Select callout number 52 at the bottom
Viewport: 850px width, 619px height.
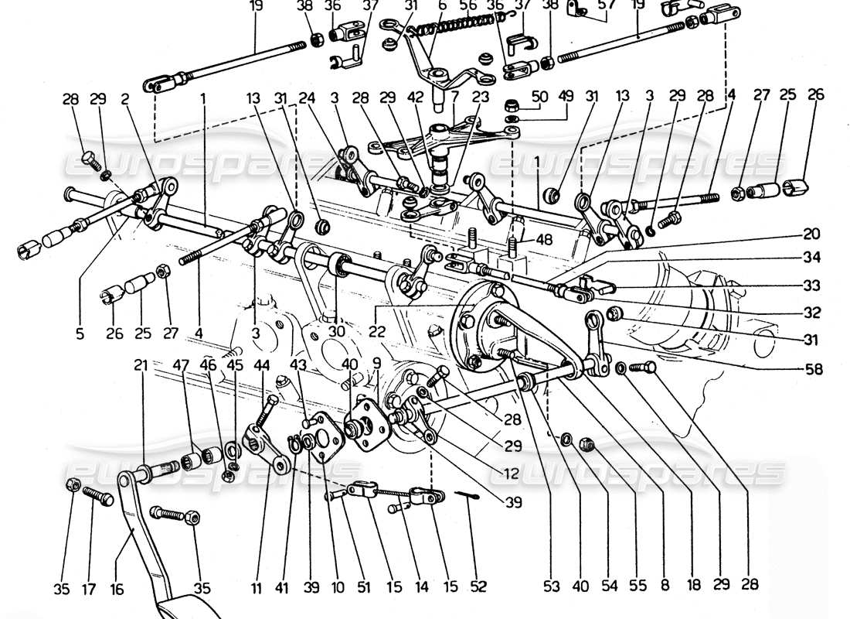coord(479,587)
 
